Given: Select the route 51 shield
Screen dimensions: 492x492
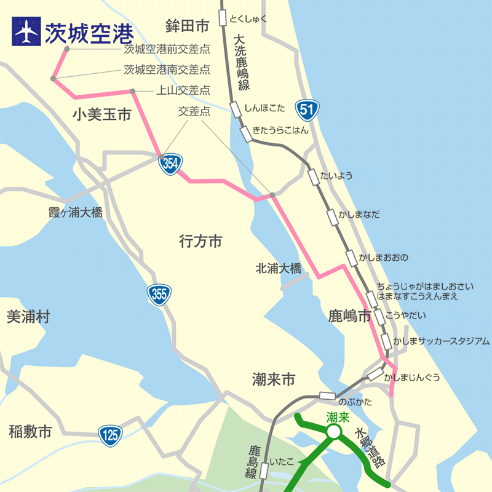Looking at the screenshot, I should [x=307, y=110].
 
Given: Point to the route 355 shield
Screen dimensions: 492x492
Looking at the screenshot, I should [x=158, y=295].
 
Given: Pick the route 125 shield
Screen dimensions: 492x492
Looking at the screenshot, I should [x=110, y=435].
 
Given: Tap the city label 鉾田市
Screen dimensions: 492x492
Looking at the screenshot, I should [x=188, y=25].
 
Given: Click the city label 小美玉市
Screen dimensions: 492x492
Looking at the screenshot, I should [x=101, y=115].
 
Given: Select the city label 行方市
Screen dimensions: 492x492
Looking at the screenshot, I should [x=200, y=242].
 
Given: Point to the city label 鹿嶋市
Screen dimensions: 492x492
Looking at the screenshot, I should [x=349, y=316].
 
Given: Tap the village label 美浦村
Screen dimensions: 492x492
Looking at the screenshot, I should [x=28, y=317].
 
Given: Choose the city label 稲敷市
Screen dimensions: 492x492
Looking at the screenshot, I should [x=30, y=432].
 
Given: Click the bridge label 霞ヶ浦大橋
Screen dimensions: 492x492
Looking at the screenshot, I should [x=75, y=213].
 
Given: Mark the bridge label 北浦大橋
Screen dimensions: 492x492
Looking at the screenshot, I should [x=279, y=268].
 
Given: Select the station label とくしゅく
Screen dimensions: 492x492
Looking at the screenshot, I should [x=248, y=18].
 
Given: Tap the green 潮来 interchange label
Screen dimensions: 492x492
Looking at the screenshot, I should [x=338, y=418].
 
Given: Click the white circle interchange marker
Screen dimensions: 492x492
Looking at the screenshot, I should [x=333, y=433].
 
